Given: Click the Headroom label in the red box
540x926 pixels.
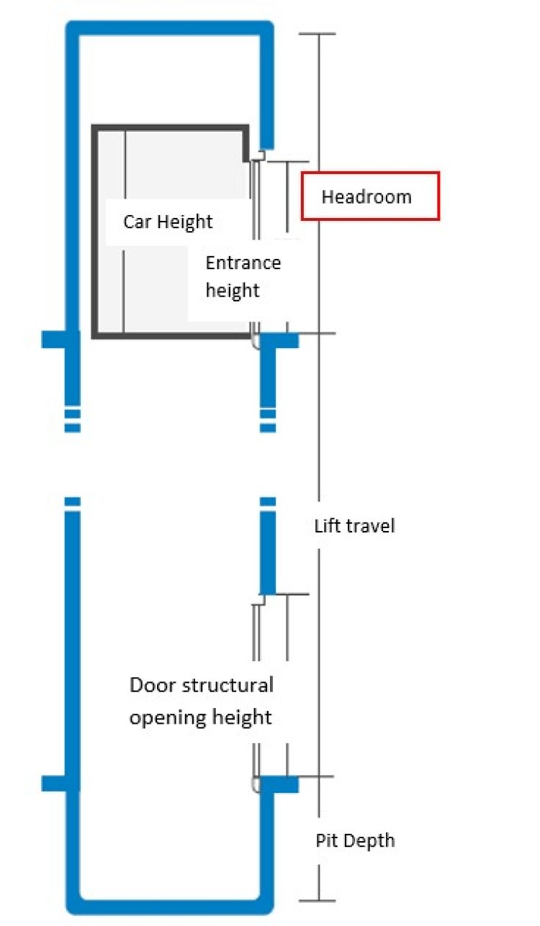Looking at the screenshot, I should point(366,196).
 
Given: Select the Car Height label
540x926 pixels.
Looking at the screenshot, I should point(168,221).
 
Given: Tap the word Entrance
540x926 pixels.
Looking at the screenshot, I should point(243,263).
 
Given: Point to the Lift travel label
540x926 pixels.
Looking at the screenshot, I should point(354,526).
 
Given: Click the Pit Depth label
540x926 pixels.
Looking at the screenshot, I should point(355,840).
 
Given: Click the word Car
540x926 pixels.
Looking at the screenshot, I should point(135,221).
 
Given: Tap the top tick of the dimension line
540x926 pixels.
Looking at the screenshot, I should point(318,34).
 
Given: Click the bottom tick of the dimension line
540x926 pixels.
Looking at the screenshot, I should point(318,900).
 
